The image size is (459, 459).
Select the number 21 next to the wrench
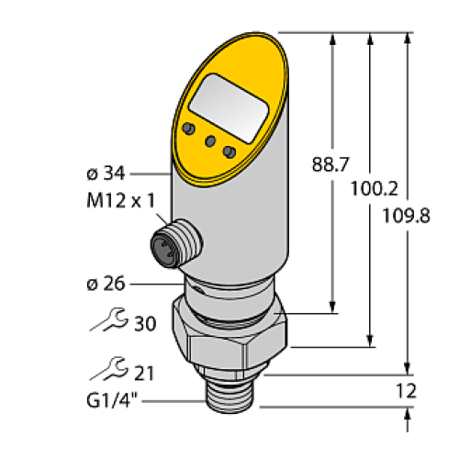[143, 373]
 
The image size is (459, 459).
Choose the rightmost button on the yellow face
[229, 150]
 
